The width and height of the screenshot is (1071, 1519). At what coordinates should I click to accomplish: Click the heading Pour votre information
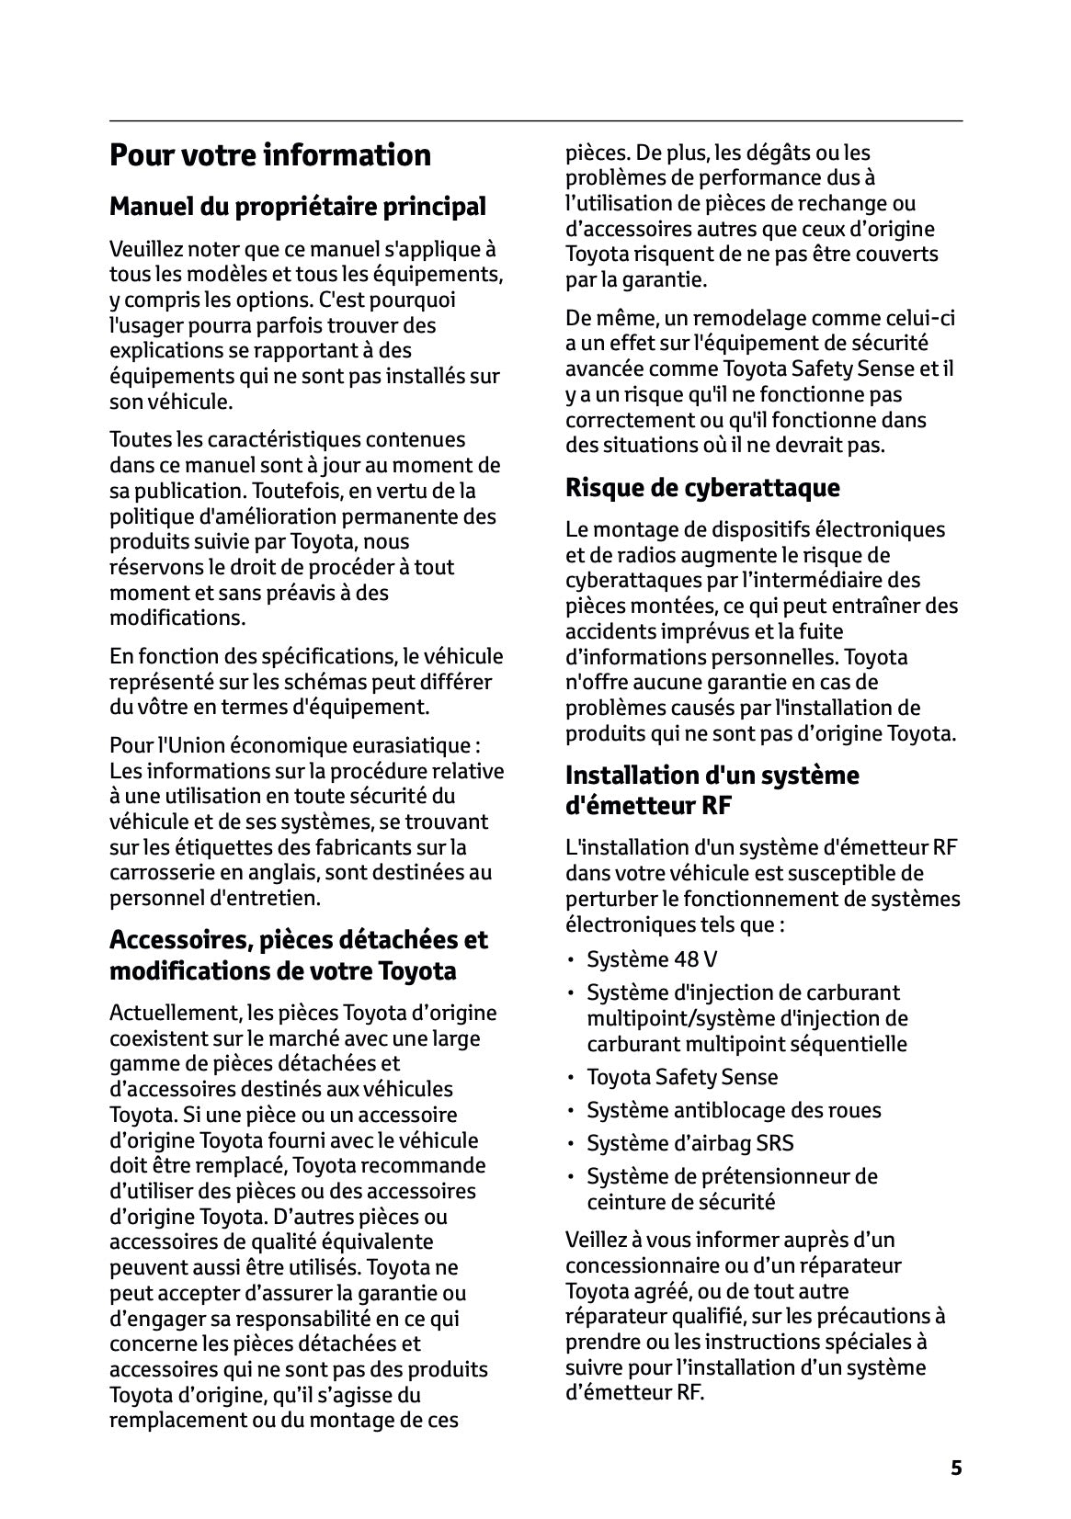(270, 155)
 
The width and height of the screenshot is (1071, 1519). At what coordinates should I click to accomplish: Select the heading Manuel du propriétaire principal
(297, 206)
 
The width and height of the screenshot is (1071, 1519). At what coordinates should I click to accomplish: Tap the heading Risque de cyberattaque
(702, 487)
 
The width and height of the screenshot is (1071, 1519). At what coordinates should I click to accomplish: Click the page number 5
(956, 1468)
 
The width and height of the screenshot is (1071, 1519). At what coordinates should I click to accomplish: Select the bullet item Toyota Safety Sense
(682, 1077)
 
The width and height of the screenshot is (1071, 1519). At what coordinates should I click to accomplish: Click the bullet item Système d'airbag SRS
(689, 1143)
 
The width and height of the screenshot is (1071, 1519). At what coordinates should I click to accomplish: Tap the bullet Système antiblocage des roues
(734, 1110)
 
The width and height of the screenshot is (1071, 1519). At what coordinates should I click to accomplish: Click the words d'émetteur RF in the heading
(648, 806)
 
